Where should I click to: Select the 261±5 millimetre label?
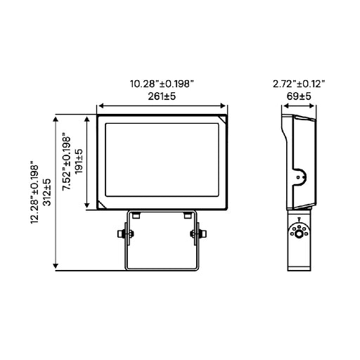(162, 96)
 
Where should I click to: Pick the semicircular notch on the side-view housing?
(300, 178)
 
